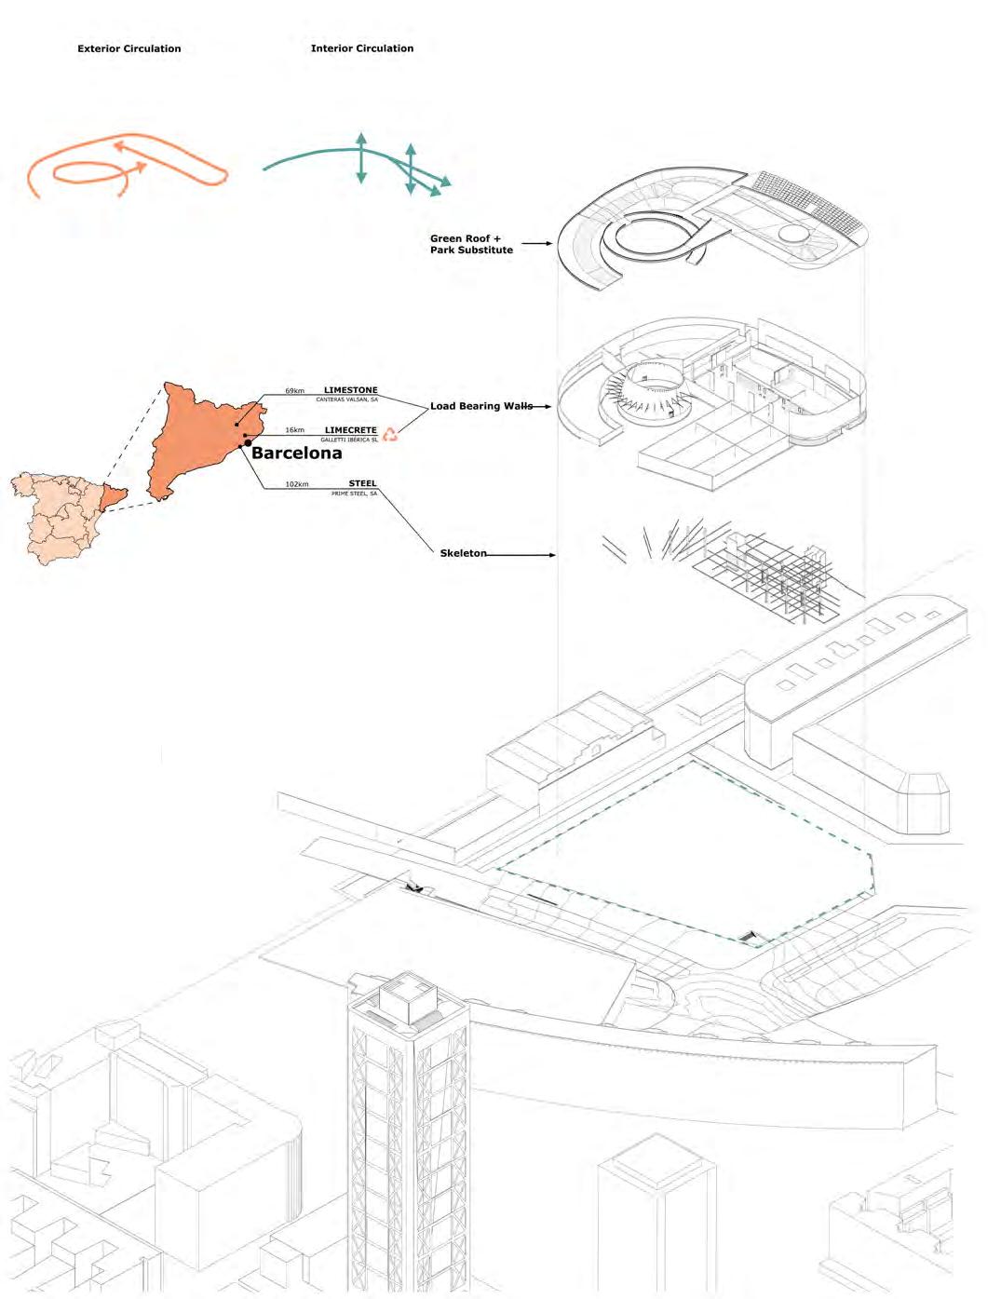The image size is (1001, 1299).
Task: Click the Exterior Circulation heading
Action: (x=129, y=48)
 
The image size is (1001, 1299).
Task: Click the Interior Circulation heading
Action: (x=361, y=48)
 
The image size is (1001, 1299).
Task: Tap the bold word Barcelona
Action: (x=296, y=453)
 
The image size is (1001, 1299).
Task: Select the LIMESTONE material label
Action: (x=350, y=390)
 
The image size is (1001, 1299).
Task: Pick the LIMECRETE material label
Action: (x=350, y=430)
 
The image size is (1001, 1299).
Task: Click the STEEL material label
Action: (x=362, y=483)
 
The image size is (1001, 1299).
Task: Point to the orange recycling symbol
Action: (x=390, y=433)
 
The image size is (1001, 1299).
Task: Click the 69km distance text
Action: (x=294, y=391)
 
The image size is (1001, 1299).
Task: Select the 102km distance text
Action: (x=296, y=484)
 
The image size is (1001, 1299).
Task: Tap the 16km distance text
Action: (x=294, y=431)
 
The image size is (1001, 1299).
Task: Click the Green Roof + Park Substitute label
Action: (x=471, y=244)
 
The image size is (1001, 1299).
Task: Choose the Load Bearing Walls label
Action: (x=480, y=406)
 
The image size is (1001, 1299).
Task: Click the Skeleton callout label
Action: (x=463, y=553)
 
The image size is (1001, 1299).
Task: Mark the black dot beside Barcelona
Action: (x=248, y=443)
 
